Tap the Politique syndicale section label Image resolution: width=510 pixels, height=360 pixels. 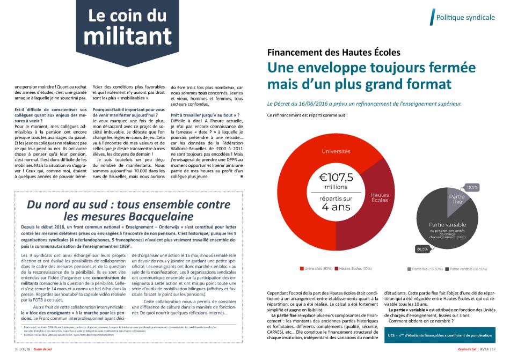tap(465, 17)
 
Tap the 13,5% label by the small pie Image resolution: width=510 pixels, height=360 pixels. tap(472, 187)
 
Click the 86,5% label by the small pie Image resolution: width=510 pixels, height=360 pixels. tap(423, 249)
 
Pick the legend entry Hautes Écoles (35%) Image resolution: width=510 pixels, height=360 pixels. tap(353, 268)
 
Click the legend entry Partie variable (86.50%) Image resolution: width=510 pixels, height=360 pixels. tap(468, 268)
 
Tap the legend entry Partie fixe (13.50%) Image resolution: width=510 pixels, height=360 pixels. tap(427, 268)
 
